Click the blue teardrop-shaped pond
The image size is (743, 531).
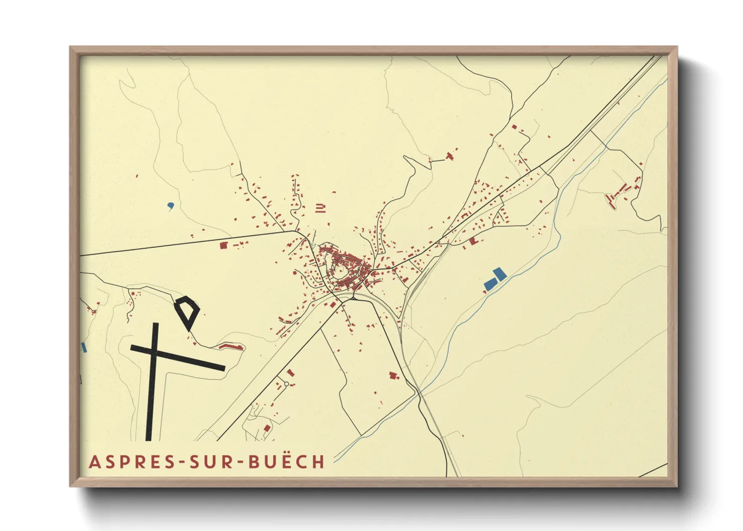click(x=171, y=205)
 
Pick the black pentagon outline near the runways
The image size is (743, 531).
click(x=187, y=311)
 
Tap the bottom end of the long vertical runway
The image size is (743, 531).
click(x=149, y=439)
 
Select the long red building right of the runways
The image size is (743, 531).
click(x=231, y=346)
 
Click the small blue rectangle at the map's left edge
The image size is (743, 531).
click(x=84, y=347)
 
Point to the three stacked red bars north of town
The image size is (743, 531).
click(x=320, y=208)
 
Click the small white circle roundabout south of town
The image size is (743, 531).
click(x=286, y=384)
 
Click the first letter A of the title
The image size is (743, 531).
click(x=94, y=462)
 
